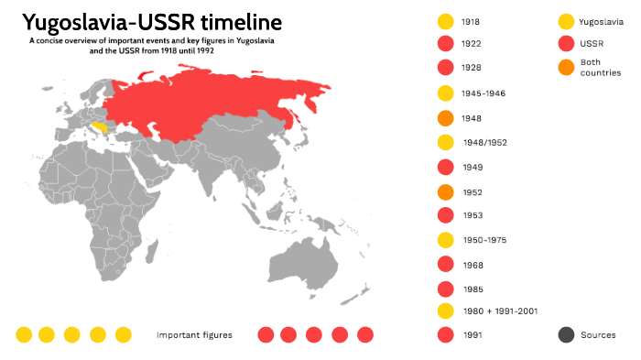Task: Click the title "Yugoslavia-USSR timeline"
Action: coord(152,22)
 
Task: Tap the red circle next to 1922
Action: coord(446,44)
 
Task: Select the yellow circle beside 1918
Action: coord(446,21)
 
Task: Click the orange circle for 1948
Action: coord(446,118)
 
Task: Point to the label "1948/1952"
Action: coord(484,143)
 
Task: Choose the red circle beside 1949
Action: coord(446,168)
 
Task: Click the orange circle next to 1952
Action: coord(446,192)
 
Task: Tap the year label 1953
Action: coord(473,216)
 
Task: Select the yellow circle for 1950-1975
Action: coord(446,240)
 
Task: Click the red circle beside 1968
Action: coord(446,265)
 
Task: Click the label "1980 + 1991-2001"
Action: coord(499,311)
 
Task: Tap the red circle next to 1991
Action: coord(446,335)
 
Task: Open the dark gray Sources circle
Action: coord(566,335)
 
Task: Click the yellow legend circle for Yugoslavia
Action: coord(566,21)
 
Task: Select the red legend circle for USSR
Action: coord(566,44)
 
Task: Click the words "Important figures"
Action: coord(194,335)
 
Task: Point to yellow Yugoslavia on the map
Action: coord(110,128)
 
